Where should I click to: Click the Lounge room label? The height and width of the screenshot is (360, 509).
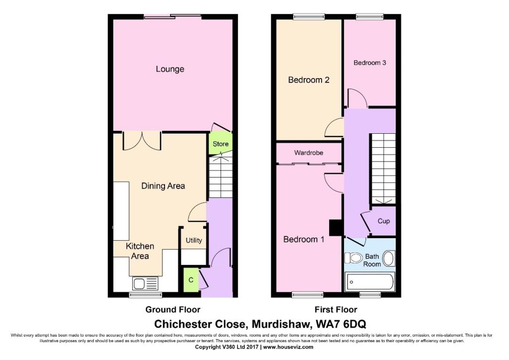pos(170,69)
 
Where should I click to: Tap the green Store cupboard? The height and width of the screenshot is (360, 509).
pos(220,144)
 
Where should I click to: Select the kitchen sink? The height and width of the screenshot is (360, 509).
pos(145,283)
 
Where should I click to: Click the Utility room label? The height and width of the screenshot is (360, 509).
pos(194,240)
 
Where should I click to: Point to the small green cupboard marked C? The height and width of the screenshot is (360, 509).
pos(191,280)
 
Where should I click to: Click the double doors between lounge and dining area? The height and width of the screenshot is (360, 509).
pos(142,141)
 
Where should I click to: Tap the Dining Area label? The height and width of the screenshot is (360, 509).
pos(163,186)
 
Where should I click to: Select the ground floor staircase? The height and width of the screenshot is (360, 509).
pos(220,177)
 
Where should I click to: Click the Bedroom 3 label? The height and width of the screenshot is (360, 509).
pos(370,63)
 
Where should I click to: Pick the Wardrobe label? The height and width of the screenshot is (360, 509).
pos(309,153)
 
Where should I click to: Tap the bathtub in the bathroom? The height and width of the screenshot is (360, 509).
pos(370,282)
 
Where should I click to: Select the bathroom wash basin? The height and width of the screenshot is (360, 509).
pos(389,259)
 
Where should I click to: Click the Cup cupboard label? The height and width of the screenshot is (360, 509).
pos(384,221)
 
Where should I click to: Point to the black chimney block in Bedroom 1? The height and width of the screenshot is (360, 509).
pos(336,228)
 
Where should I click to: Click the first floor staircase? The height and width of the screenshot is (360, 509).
pos(383,169)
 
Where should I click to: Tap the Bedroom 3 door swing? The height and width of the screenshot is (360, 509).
pos(357,98)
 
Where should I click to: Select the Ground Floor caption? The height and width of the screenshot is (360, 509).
pos(172,310)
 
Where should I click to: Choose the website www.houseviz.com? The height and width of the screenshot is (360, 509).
pos(288,347)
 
